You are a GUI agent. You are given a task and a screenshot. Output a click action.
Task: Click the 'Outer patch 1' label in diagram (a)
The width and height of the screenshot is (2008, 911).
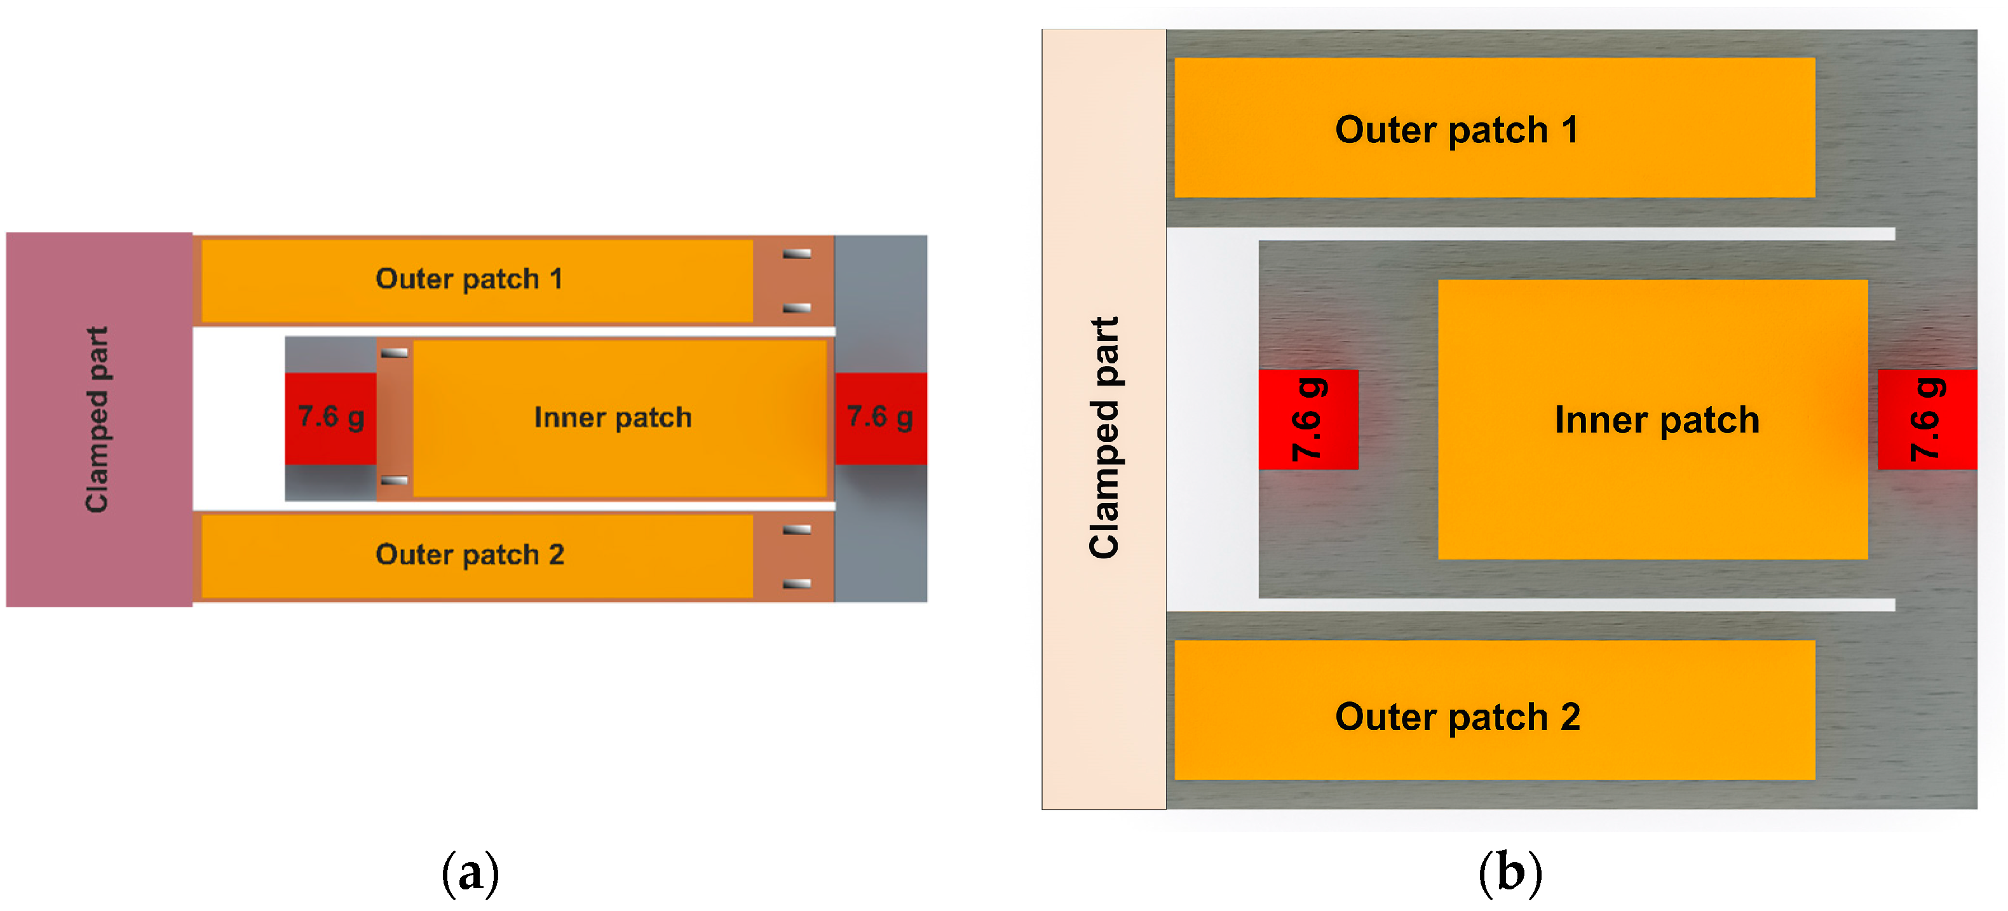coord(468,278)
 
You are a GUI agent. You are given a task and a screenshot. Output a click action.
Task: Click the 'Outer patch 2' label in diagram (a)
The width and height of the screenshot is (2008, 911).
coord(469,554)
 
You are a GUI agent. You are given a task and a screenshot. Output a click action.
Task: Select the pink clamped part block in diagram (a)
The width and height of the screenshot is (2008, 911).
coord(98,419)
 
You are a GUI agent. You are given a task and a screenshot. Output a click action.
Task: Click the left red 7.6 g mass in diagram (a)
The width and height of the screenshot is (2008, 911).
coord(330,418)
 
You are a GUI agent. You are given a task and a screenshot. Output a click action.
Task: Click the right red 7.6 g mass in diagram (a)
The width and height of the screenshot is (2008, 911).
coord(881,418)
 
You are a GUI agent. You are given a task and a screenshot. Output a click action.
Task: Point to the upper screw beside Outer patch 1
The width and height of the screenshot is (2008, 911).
coord(797,253)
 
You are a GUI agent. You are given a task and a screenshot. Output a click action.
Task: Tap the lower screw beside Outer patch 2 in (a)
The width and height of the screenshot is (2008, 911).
coord(797,584)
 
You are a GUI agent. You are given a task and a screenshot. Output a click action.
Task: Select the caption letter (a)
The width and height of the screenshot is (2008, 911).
coord(470,872)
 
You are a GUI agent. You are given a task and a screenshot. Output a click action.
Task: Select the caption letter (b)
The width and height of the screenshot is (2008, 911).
coord(1510,872)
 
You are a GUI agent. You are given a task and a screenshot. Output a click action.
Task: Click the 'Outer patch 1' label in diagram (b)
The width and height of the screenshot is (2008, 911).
coord(1456,130)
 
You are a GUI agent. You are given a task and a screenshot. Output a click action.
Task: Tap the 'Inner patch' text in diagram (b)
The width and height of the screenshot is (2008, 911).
coord(1657,419)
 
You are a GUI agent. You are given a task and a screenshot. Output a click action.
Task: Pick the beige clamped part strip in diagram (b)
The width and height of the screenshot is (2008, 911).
coord(1103,419)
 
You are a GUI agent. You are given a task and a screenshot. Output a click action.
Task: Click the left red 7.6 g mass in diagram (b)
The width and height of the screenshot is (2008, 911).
coord(1308,419)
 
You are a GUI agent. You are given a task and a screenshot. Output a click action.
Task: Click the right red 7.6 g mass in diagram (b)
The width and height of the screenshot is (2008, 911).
coord(1927,419)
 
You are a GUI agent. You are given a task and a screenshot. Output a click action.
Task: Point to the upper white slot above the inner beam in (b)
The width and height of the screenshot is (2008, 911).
coord(1575,234)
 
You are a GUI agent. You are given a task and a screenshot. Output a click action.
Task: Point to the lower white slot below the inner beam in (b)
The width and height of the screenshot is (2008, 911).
coord(1575,605)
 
